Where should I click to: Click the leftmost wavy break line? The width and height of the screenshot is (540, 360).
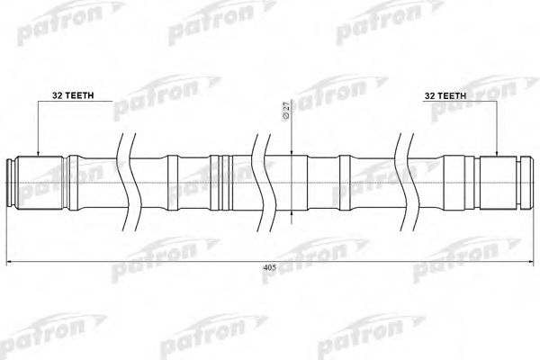[123, 180]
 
